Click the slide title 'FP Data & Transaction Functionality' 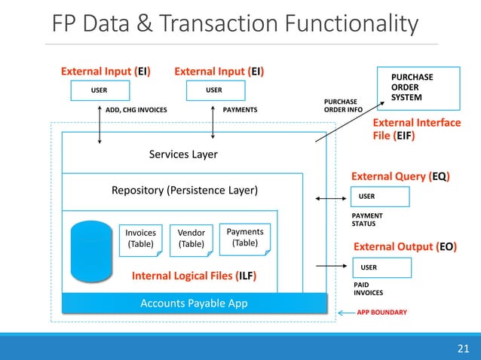tap(234, 25)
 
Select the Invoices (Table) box tap(141, 239)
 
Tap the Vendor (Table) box tap(191, 239)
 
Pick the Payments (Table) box tap(244, 237)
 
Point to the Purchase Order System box tap(423, 88)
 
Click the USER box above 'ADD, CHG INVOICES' tap(100, 91)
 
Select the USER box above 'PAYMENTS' tap(214, 91)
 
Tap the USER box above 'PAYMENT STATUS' tap(380, 197)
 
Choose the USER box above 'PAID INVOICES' tap(381, 267)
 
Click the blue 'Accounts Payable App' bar tap(195, 304)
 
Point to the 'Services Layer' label tap(183, 154)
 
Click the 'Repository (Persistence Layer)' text tap(184, 190)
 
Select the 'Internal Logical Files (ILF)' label tap(194, 276)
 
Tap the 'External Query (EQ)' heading tap(400, 176)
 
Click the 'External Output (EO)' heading tap(406, 246)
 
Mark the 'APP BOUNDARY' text tap(381, 312)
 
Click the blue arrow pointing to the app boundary tap(345, 312)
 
